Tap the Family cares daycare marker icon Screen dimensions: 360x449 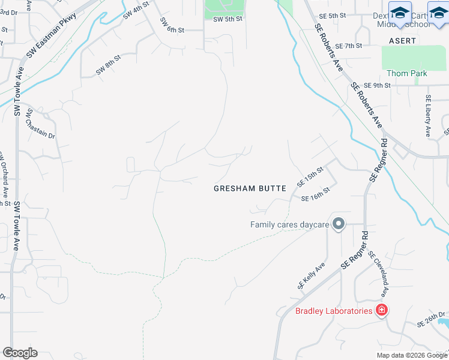point(338,224)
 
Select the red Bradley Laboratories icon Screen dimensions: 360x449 point(381,310)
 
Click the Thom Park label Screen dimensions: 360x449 point(406,74)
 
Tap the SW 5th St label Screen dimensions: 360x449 point(227,19)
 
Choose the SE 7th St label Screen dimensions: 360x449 point(348,46)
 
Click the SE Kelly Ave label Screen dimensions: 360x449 point(311,275)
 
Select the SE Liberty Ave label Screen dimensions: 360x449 point(428,116)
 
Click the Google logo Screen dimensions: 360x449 point(20,353)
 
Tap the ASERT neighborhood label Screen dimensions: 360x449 point(402,40)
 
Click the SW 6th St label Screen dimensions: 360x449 point(172,29)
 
